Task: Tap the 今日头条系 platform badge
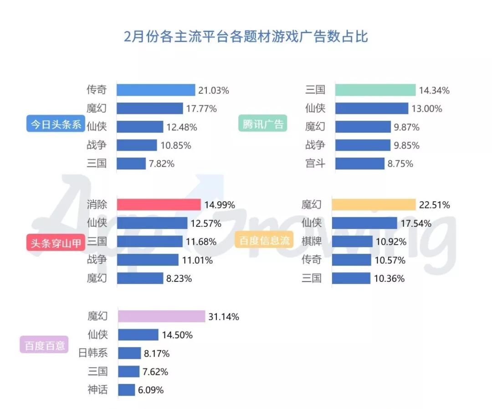coord(54,124)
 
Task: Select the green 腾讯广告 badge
coord(263,123)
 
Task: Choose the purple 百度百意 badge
coord(44,345)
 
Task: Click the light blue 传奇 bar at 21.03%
coord(156,90)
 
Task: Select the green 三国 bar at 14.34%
coord(375,90)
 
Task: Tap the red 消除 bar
coord(159,204)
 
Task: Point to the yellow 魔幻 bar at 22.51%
coord(374,204)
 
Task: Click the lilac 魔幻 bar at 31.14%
coord(162,316)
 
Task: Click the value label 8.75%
coord(400,164)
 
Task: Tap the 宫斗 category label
coord(315,164)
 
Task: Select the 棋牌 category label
coord(312,241)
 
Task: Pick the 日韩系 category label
coord(93,353)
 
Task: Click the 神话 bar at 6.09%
coord(127,390)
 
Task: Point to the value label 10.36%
coord(389,278)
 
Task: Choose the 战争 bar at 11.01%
coord(148,260)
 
